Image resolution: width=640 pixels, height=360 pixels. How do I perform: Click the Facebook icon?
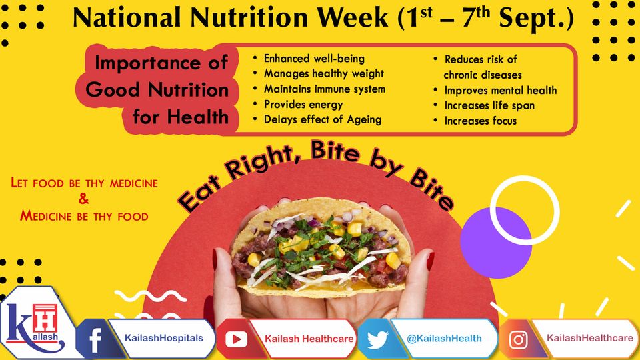(95, 339)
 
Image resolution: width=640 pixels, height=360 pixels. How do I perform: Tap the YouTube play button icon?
(236, 339)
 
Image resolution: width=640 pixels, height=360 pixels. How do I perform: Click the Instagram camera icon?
(518, 339)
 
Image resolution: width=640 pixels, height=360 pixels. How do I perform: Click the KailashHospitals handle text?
(164, 338)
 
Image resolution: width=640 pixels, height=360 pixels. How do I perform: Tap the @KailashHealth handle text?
(444, 339)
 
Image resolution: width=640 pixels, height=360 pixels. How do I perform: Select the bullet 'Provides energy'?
(303, 105)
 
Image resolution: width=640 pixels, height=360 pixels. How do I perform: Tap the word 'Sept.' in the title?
(536, 19)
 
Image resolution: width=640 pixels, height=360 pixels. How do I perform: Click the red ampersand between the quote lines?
(84, 199)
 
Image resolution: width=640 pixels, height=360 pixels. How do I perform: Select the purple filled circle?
(495, 243)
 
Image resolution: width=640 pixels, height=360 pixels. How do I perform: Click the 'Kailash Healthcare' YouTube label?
(309, 339)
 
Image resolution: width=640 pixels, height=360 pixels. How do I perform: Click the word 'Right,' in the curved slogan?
(261, 161)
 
